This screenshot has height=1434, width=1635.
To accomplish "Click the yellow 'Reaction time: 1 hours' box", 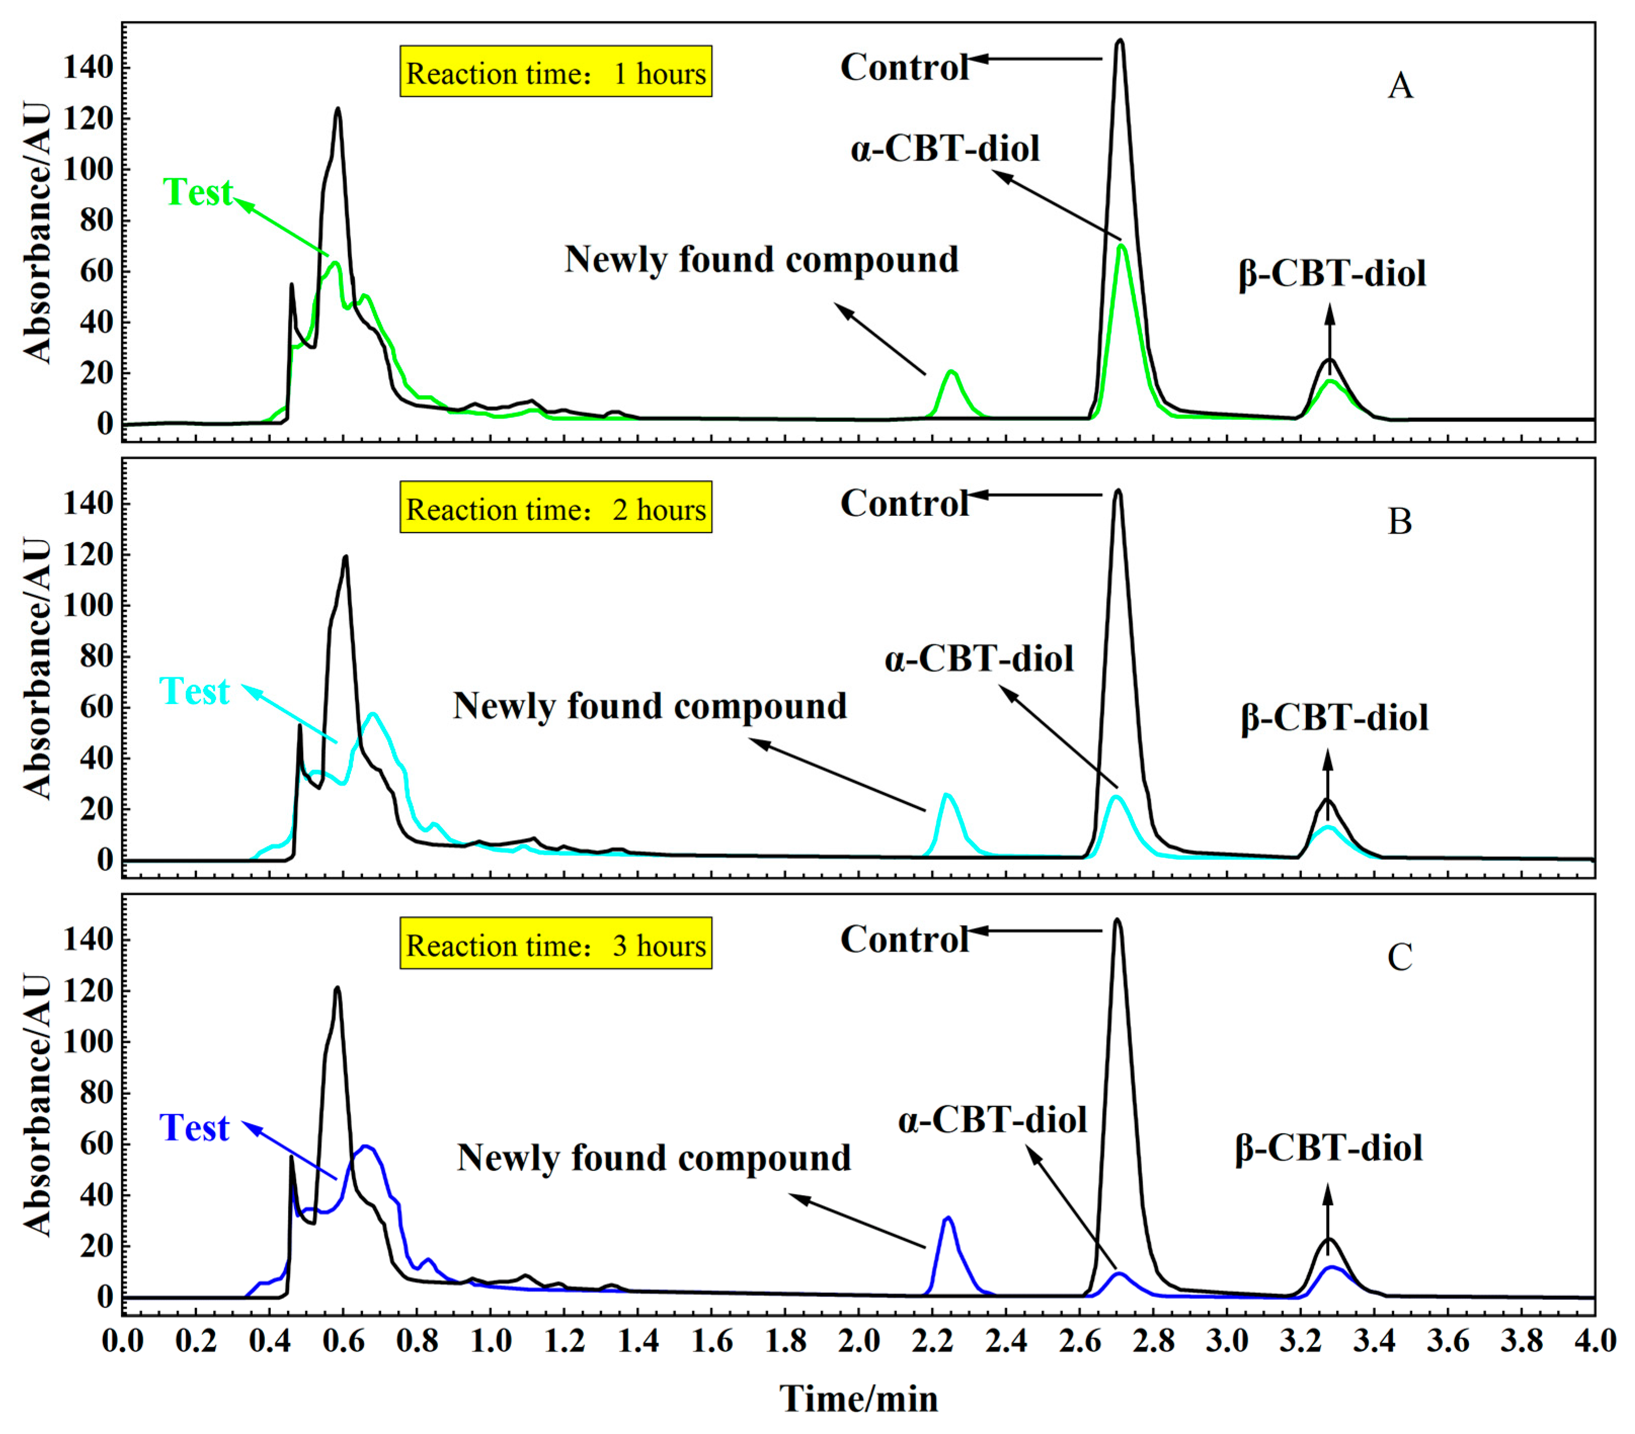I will click(x=555, y=72).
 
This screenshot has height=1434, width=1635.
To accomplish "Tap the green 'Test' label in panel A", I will click(x=197, y=192).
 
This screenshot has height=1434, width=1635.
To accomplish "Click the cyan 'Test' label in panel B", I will click(x=194, y=691).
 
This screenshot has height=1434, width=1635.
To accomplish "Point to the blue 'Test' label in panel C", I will click(x=194, y=1128).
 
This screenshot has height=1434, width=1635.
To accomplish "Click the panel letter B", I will click(x=1399, y=521).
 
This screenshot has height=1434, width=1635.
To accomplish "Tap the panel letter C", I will click(x=1399, y=957).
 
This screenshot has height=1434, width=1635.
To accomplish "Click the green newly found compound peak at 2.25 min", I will click(x=951, y=373).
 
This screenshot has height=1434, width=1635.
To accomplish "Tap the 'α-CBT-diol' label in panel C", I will click(x=992, y=1120).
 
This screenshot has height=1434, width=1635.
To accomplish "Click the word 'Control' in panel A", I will click(x=904, y=67).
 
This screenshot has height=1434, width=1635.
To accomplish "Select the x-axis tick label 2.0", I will click(x=859, y=1340).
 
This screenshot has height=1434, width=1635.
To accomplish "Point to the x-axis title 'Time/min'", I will click(x=859, y=1399).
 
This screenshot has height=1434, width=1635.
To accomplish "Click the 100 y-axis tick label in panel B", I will click(x=88, y=605).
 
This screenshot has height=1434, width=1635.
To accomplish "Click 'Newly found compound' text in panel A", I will click(x=761, y=259).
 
